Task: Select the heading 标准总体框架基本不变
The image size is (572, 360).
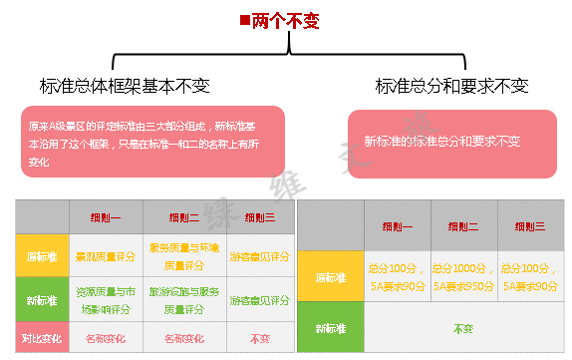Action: [x=125, y=86]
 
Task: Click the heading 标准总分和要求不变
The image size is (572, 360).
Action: [x=452, y=86]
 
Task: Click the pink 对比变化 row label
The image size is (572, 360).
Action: [x=41, y=339]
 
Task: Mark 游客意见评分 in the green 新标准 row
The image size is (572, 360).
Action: [x=259, y=298]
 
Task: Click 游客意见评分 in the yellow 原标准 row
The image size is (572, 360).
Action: [x=259, y=256]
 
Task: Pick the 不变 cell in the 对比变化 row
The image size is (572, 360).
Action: [x=259, y=339]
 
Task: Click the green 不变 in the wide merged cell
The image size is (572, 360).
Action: [x=463, y=327]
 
